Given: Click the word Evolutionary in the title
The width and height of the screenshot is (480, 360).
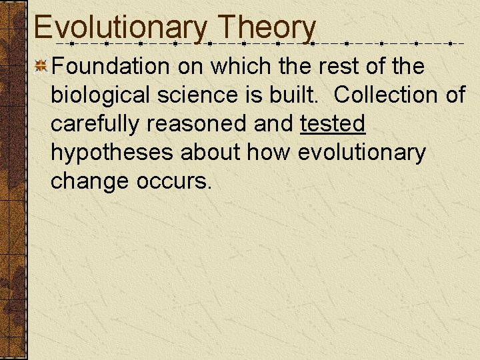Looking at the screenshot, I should click(x=121, y=28).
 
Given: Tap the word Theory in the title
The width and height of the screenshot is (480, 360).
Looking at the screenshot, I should click(x=267, y=28).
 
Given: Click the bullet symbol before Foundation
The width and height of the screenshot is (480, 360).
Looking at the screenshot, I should click(x=41, y=66).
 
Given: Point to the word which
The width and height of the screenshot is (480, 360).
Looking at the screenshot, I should click(x=243, y=66).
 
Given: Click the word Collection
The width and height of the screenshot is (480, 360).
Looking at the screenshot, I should click(x=387, y=95).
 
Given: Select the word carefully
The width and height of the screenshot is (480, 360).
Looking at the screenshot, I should click(x=95, y=123).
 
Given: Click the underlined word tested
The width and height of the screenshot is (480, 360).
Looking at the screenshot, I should click(x=333, y=123).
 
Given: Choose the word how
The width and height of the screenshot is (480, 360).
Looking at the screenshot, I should click(x=269, y=153).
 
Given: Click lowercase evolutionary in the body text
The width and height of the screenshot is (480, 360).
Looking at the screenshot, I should click(x=361, y=153).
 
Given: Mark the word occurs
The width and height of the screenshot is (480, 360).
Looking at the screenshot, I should click(x=174, y=181).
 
